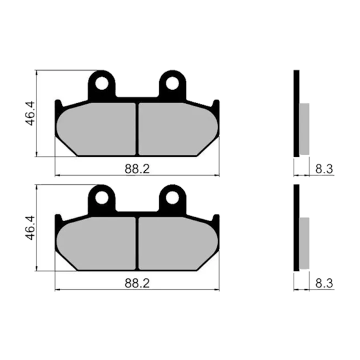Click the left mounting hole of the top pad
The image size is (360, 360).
click(x=102, y=83)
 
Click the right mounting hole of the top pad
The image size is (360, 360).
click(x=173, y=83)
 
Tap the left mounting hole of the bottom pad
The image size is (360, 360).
click(x=102, y=198)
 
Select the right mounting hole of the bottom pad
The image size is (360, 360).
click(x=173, y=198)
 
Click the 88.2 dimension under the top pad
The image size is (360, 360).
click(x=137, y=169)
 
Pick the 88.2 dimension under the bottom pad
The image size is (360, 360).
click(x=137, y=284)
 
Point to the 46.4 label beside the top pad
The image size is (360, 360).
click(x=30, y=113)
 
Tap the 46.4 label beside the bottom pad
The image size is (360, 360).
click(x=30, y=227)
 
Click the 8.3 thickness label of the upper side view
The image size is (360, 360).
click(x=324, y=169)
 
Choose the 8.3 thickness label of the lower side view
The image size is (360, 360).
click(x=324, y=284)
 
